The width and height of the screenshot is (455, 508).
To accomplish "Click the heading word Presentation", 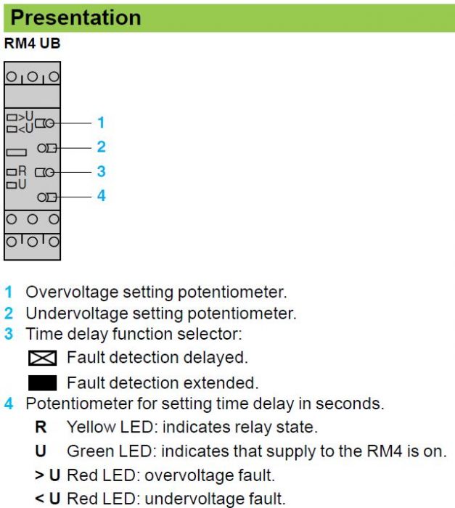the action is (x=75, y=17).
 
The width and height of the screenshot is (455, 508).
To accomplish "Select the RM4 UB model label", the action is (x=32, y=44).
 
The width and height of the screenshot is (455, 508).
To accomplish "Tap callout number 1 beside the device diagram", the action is (x=101, y=123).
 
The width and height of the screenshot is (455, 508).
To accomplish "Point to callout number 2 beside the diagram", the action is (x=102, y=147).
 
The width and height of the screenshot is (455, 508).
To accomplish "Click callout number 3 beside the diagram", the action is (x=102, y=171).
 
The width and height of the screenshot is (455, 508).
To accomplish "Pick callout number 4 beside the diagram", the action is (x=102, y=196).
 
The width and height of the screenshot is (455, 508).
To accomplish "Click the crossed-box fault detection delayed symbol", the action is (x=43, y=358).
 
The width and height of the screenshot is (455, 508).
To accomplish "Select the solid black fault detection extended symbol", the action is (x=43, y=383).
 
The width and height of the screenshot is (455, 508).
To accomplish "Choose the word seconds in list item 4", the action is (x=350, y=403).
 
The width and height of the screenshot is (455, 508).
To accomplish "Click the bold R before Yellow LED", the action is (x=41, y=427).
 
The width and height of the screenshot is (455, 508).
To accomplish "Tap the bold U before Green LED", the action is (x=41, y=451).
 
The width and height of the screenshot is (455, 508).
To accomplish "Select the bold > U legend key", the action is (x=48, y=475).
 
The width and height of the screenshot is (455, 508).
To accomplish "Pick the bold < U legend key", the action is (x=48, y=499).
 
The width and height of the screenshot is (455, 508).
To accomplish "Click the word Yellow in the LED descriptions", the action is (x=91, y=427).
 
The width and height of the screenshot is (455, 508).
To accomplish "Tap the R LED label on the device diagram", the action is (x=22, y=171).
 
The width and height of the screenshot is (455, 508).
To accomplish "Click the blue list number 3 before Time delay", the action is (x=9, y=334).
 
